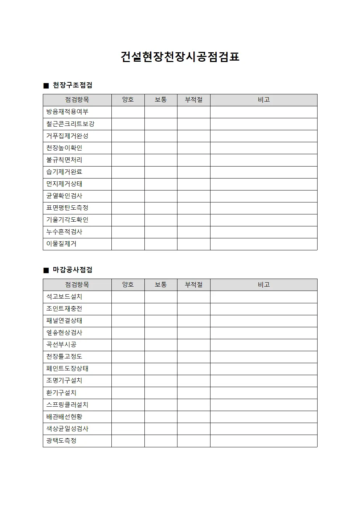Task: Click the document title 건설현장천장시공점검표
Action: coord(180,57)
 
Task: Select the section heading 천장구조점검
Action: coord(73,85)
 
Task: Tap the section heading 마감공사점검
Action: coord(73,270)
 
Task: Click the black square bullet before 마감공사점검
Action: coord(46,270)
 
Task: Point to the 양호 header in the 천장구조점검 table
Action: coord(128,100)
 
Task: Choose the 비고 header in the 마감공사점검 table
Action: coord(263,285)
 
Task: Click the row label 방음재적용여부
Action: coord(67,112)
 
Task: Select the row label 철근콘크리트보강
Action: coord(70,124)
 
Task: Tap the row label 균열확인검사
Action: coord(64,196)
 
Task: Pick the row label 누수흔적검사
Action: coord(64,232)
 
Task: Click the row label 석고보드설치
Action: coord(64,297)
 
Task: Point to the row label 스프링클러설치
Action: coord(67,405)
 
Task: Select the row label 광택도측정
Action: coord(61,441)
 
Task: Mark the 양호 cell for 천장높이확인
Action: coord(128,148)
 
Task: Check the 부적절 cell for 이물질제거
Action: coord(193,244)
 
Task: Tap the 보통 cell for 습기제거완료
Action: coord(161,172)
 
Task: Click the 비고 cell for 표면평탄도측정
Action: coord(263,208)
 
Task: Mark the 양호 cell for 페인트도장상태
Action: coord(128,369)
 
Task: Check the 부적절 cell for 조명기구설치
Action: coord(193,381)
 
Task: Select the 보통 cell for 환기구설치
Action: coord(161,393)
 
